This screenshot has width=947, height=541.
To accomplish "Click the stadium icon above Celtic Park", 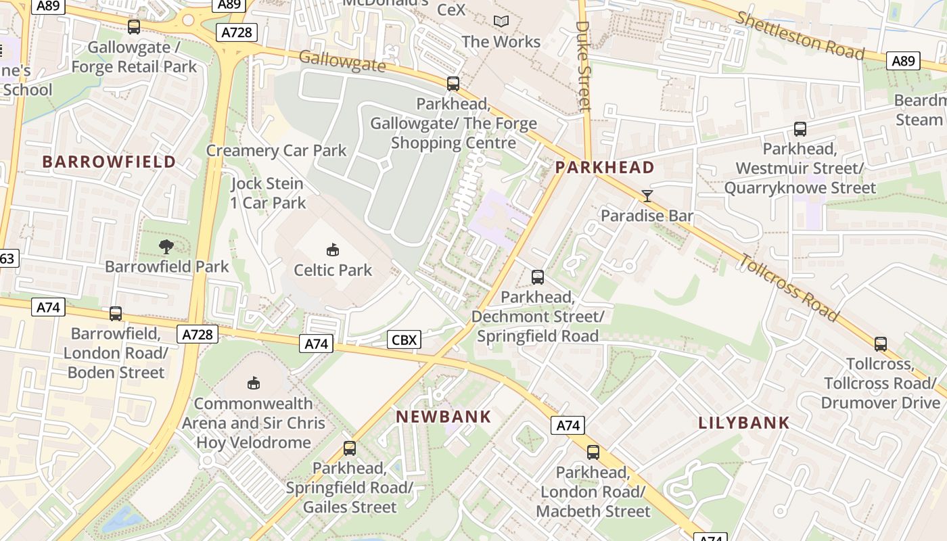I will coord(332,250).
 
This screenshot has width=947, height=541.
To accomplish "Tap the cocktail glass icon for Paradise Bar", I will coord(647,196).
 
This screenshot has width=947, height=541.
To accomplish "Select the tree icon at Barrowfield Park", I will coord(166,247).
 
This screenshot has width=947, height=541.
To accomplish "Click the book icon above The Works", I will coord(501,22).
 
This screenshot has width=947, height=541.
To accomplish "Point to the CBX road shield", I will coord(405,339).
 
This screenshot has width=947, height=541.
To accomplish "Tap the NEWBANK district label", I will coord(444,417).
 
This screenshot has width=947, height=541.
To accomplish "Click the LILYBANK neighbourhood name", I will coord(744,423).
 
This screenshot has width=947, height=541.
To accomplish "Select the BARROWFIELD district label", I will coord(109,162).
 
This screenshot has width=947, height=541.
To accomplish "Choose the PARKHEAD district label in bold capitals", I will coord(605,168).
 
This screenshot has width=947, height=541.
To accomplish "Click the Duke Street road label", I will coord(584,66).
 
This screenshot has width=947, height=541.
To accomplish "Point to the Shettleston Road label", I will coord(800,35).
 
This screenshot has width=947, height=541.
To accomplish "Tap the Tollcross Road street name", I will coord(789,287).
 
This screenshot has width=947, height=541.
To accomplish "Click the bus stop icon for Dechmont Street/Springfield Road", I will coord(538,277).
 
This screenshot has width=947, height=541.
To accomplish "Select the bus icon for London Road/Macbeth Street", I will coord(593,452).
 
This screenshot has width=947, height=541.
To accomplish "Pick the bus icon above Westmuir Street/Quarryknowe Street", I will coord(800,129).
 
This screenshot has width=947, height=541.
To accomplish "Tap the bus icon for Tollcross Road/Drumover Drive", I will coord(881,344).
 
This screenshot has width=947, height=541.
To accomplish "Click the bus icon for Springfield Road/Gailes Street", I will coord(350,448).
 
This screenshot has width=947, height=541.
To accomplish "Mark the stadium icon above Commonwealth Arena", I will coord(254,383).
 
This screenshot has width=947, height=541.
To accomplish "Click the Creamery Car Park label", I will coord(276,150).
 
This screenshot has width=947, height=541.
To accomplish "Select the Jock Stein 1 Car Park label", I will coord(268,193).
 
